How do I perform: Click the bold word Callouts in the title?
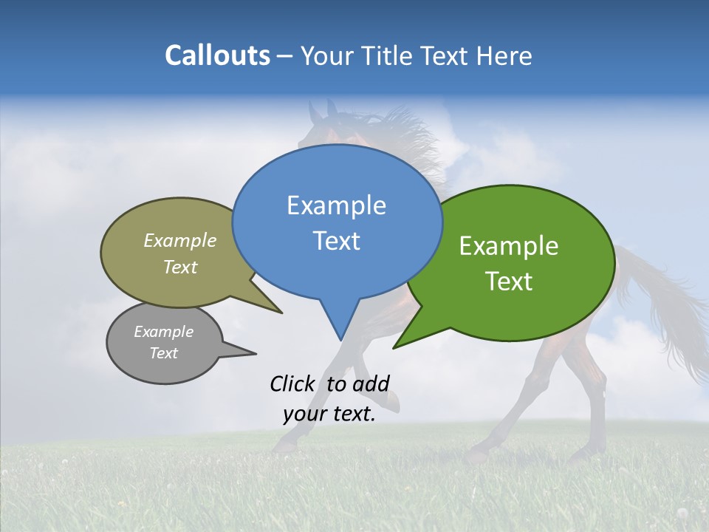(217, 55)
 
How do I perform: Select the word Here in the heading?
(505, 56)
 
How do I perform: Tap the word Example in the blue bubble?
(336, 205)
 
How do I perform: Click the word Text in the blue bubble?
(336, 241)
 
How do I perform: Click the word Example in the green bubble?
(509, 246)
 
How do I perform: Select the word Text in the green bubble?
(509, 282)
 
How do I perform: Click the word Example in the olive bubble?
(180, 241)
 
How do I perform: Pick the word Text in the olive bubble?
(180, 267)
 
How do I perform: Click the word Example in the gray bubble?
(163, 332)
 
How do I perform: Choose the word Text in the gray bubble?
(163, 353)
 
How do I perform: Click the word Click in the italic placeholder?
(295, 383)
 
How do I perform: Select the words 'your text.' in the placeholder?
(329, 415)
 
